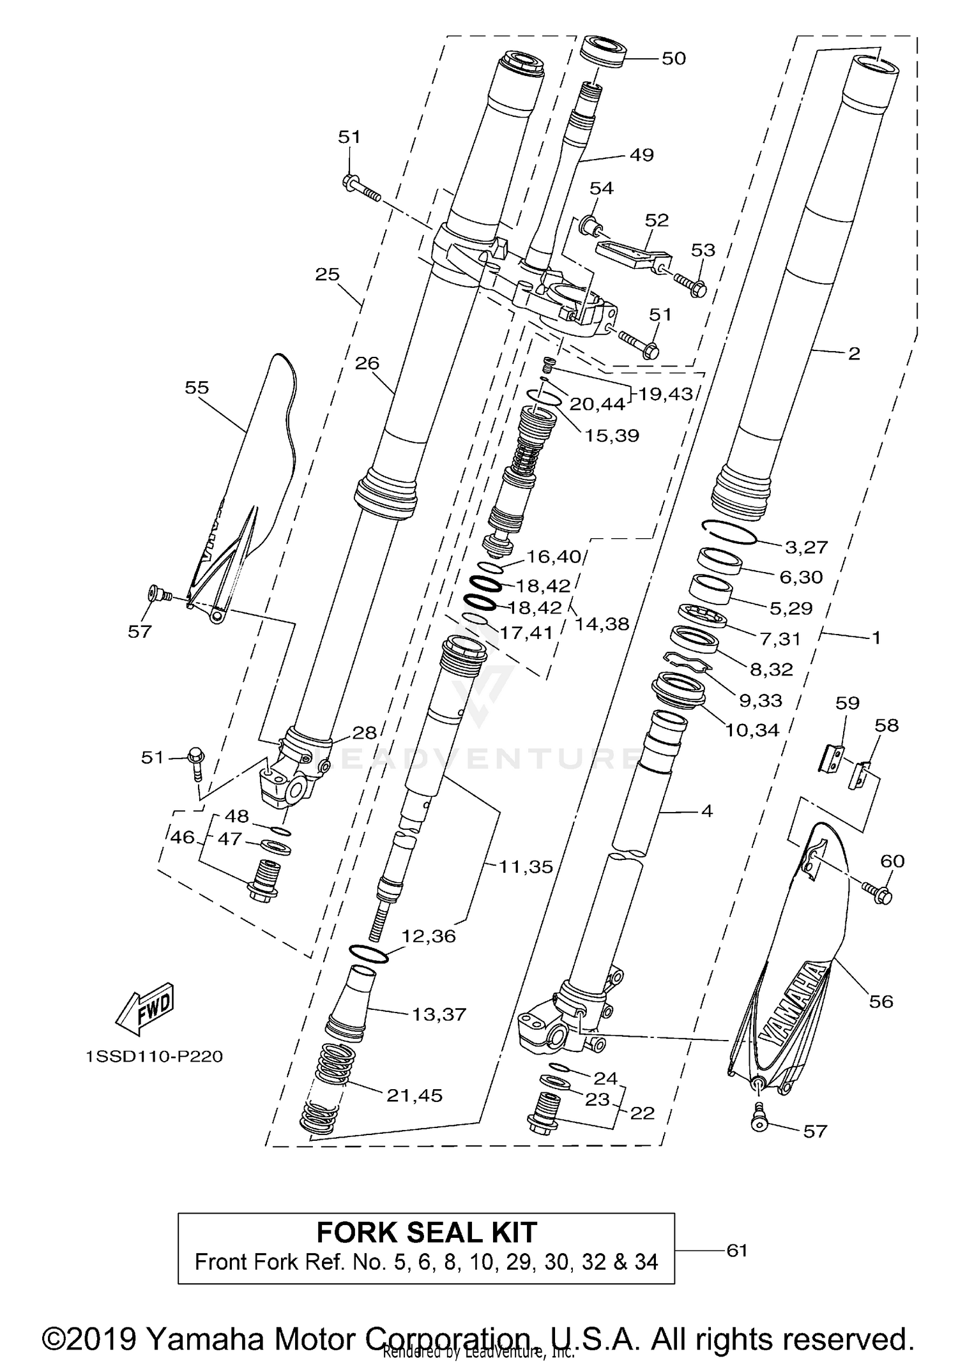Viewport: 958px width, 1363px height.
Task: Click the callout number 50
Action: (673, 59)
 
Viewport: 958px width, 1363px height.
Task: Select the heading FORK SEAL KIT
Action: (426, 1232)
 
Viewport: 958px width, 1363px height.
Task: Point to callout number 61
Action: (736, 1250)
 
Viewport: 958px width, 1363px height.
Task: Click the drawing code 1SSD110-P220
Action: (155, 1057)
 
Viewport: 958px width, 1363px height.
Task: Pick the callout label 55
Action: (197, 388)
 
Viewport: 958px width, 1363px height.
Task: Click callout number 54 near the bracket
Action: (601, 188)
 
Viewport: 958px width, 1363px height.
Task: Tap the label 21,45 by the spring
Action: (414, 1096)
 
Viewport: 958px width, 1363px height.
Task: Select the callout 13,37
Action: (439, 1014)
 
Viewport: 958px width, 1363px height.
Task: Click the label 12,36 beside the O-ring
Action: (429, 936)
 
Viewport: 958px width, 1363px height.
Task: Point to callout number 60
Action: (892, 861)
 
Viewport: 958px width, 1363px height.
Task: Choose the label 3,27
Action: (806, 547)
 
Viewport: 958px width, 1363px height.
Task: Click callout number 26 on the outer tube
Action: (367, 363)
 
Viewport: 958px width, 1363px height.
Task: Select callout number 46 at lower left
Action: (183, 837)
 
